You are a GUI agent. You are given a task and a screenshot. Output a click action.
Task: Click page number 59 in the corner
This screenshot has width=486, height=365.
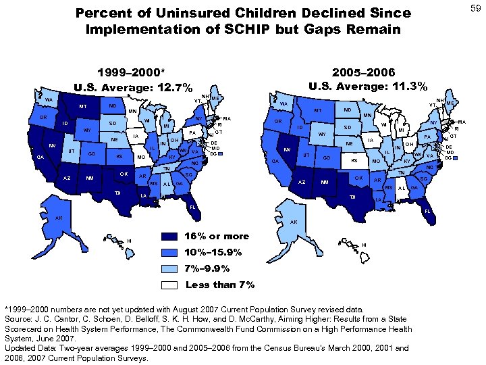pyautogui.click(x=475, y=7)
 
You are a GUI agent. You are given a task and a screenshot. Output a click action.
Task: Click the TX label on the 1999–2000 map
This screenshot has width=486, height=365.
pyautogui.click(x=118, y=193)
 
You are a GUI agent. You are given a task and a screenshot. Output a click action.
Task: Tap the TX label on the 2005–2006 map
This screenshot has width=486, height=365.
pyautogui.click(x=352, y=197)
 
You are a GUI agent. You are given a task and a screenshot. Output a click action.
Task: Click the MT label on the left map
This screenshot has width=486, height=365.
pyautogui.click(x=82, y=106)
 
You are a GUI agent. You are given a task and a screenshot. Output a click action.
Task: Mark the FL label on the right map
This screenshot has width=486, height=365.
pyautogui.click(x=427, y=211)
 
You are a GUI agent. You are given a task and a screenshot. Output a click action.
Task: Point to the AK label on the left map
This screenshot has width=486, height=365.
pyautogui.click(x=59, y=218)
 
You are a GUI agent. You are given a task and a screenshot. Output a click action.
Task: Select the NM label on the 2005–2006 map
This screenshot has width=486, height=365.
pyautogui.click(x=325, y=182)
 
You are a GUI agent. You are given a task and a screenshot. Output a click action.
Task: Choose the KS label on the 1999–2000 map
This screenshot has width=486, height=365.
pyautogui.click(x=119, y=157)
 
